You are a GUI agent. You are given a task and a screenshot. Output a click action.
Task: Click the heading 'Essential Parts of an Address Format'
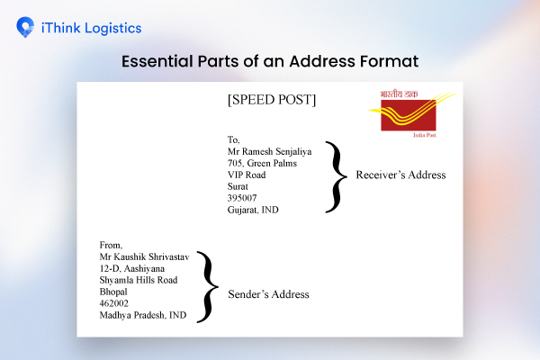coord(270,63)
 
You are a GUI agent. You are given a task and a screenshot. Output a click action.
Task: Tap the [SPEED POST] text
coord(271,100)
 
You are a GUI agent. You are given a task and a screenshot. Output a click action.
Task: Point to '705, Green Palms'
coord(262,164)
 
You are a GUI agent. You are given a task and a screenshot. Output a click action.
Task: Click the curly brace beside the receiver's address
coord(335,175)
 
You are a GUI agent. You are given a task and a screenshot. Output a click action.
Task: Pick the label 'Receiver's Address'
coord(400,175)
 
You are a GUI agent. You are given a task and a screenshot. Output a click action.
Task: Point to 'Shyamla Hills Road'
coord(139,280)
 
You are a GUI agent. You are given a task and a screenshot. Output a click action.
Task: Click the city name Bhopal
coord(114,292)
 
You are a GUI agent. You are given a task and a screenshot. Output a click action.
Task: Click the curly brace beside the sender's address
coord(209,286)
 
